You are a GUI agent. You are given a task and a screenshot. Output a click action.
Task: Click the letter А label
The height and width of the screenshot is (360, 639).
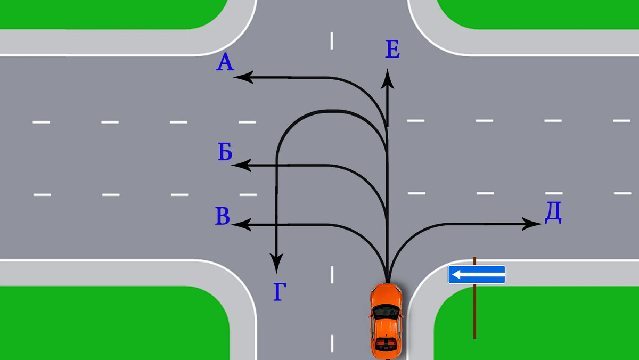(x=225, y=63)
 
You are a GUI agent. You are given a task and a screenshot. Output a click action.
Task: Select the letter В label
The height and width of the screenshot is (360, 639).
(x=223, y=217)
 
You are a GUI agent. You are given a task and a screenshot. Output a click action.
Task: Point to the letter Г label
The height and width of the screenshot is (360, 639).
(x=280, y=292)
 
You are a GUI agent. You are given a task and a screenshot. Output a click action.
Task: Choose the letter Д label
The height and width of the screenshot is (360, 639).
(x=553, y=213)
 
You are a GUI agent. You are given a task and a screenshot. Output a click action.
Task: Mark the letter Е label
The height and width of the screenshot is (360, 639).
(x=392, y=50)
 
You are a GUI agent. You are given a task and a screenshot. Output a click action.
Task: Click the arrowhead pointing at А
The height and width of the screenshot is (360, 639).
(x=241, y=78)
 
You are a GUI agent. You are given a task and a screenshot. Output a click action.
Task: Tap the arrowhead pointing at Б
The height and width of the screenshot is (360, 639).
(x=240, y=165)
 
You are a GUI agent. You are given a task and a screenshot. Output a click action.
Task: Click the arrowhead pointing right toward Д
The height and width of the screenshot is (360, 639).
(x=534, y=224)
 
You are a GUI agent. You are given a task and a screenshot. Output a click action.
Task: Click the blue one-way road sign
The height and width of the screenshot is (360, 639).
(x=476, y=275)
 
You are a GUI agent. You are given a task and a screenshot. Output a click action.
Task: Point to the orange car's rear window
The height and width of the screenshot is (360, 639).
(x=386, y=341)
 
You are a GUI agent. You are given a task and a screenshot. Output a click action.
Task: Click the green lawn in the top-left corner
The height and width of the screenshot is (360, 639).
(x=106, y=13)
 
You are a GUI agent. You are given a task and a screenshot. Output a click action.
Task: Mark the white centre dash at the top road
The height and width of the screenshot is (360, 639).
(x=332, y=40)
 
